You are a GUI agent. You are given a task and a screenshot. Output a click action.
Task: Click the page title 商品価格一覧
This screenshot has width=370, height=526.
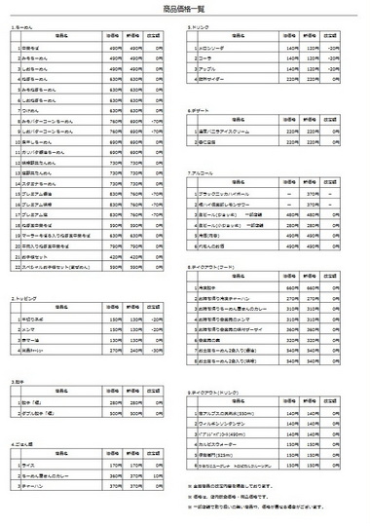pos(184,9)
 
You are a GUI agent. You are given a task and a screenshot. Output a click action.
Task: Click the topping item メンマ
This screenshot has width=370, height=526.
pos(29,327)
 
